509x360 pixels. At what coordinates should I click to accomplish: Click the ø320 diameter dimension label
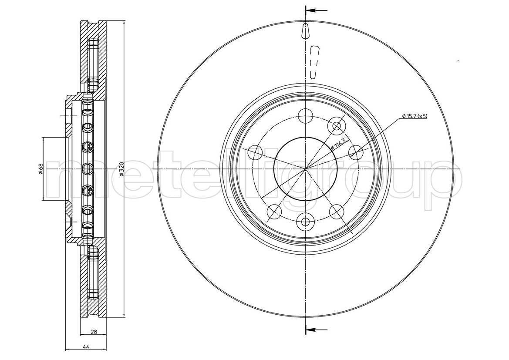tap(121, 169)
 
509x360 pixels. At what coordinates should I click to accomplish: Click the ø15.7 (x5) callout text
tap(415, 116)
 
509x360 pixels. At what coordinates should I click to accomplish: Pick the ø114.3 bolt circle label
tap(340, 144)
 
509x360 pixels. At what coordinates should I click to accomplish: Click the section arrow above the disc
tap(316, 10)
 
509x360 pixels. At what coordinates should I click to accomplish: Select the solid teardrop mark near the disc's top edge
tap(306, 31)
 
